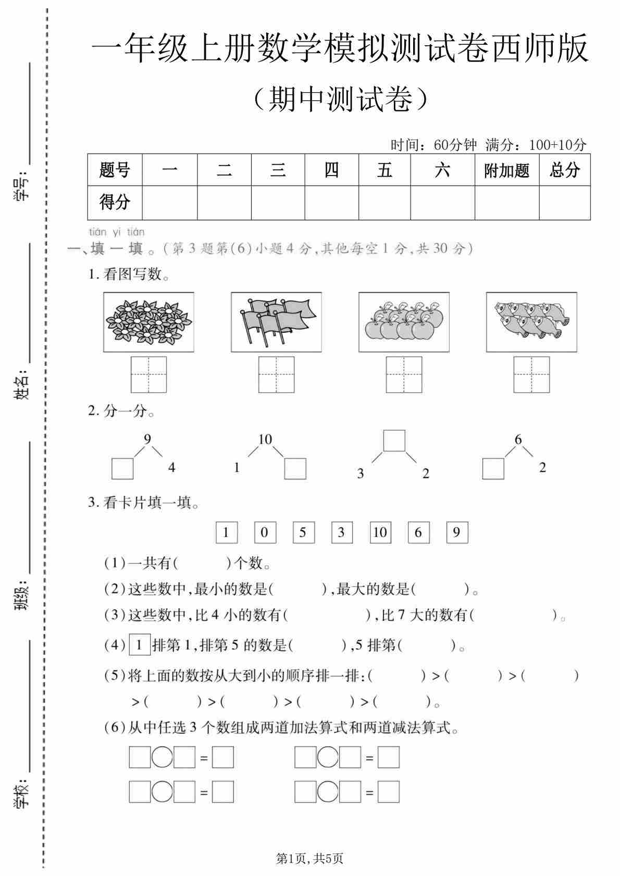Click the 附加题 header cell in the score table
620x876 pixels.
click(x=506, y=170)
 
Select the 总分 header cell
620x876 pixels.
click(x=565, y=170)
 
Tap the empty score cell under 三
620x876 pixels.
click(x=278, y=203)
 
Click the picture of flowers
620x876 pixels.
click(x=148, y=322)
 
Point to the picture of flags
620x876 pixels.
click(x=276, y=322)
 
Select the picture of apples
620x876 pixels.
click(x=404, y=322)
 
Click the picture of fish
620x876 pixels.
click(x=531, y=322)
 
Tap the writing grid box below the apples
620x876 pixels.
click(x=404, y=374)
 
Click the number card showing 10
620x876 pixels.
click(x=380, y=532)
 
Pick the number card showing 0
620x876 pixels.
click(x=265, y=532)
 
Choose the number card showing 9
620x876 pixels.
click(x=457, y=532)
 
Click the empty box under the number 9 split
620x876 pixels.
click(x=122, y=468)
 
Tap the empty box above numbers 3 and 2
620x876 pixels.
click(x=394, y=440)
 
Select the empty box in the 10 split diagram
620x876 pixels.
click(x=295, y=468)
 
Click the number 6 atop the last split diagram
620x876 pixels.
click(x=518, y=440)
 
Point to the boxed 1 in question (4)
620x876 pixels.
click(x=139, y=645)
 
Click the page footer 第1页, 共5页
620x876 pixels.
click(x=309, y=858)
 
